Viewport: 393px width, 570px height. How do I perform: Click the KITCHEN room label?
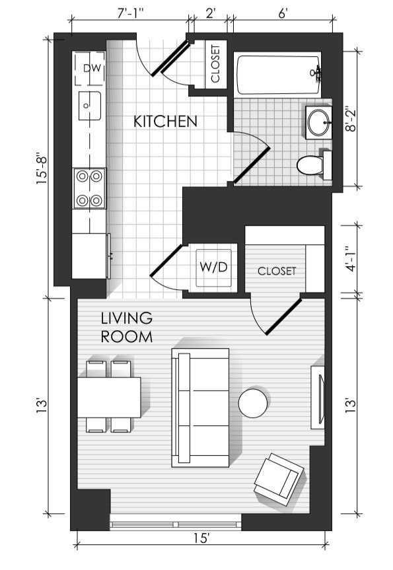click(165, 122)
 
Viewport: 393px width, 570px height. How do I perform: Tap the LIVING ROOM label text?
click(127, 328)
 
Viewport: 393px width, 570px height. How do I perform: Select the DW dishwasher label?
click(92, 68)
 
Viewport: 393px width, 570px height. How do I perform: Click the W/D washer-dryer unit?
click(213, 267)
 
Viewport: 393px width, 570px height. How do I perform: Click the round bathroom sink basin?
click(318, 122)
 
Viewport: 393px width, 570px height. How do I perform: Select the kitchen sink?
click(90, 106)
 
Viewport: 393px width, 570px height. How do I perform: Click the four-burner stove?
click(89, 188)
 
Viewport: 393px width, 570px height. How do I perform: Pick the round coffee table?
click(253, 403)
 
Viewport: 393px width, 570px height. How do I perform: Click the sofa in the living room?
click(200, 407)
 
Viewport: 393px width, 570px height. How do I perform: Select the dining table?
click(109, 398)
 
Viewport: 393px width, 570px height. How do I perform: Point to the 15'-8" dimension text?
click(42, 170)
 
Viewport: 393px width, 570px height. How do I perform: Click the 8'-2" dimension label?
click(351, 119)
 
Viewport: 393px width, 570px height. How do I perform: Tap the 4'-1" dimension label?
click(350, 259)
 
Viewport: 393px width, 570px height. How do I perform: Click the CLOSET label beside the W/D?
click(277, 271)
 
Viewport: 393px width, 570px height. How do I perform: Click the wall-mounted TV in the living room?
click(318, 398)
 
